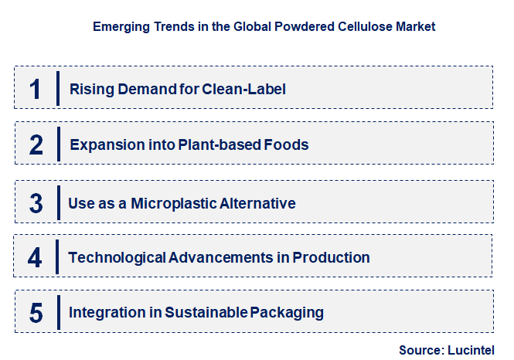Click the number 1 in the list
(35, 90)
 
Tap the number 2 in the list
(36, 145)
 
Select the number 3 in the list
(36, 204)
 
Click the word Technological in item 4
(116, 257)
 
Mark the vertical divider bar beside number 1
(58, 88)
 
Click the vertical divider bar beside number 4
(58, 256)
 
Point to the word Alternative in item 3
(258, 204)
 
